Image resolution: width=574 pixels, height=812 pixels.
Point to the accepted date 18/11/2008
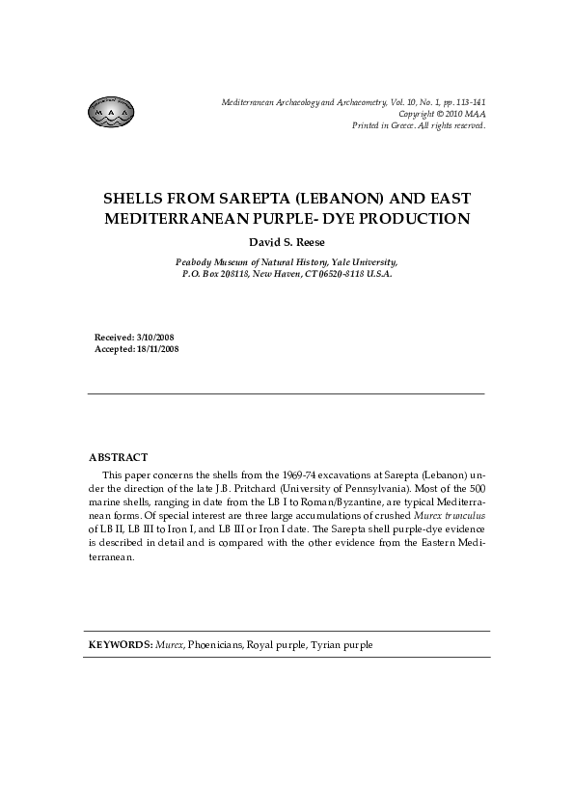(158, 348)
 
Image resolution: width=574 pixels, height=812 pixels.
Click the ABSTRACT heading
(118, 456)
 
